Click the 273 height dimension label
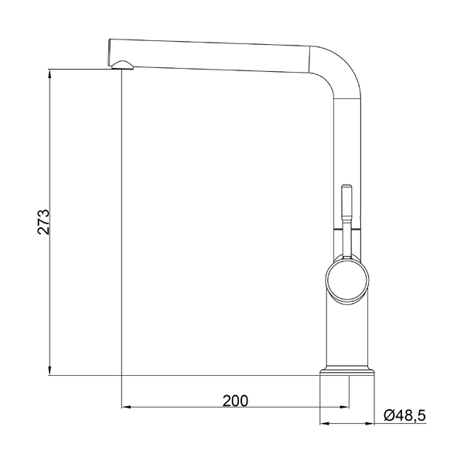(x=43, y=222)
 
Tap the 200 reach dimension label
(x=235, y=401)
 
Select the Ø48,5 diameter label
(x=404, y=415)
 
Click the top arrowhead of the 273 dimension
(x=49, y=74)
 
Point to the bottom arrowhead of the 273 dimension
(x=49, y=370)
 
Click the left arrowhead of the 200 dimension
(x=126, y=408)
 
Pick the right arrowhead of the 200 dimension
(x=344, y=408)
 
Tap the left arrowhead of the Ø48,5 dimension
(x=325, y=424)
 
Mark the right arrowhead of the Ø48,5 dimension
(x=370, y=424)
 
